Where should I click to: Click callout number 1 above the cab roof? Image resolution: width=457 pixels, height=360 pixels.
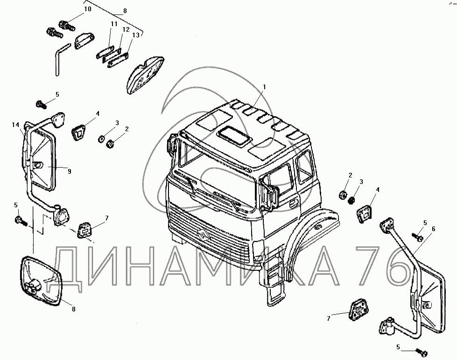(264, 87)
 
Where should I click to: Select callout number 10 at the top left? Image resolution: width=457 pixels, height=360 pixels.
(88, 9)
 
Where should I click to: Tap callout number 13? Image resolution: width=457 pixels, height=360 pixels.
(136, 35)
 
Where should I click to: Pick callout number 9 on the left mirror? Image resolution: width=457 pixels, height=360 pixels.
(69, 171)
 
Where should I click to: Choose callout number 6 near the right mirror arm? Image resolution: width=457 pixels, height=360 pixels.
(433, 229)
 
